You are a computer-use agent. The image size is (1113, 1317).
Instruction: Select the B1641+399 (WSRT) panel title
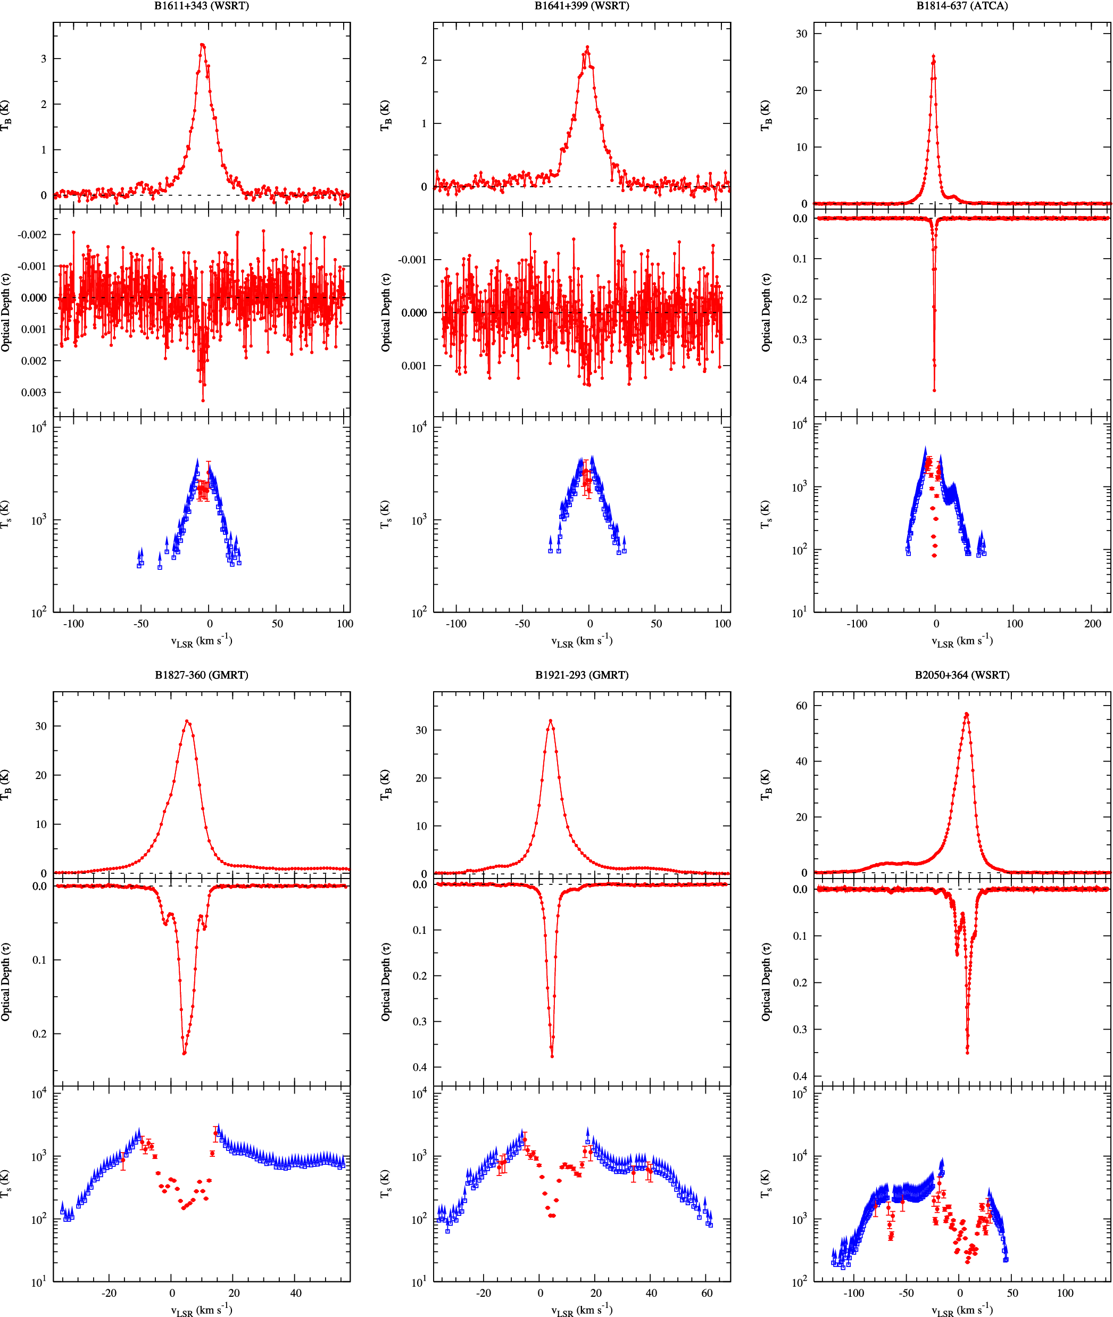click(582, 6)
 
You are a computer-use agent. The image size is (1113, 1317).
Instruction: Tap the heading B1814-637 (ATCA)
click(962, 6)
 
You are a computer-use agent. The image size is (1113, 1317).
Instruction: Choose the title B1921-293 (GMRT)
click(582, 675)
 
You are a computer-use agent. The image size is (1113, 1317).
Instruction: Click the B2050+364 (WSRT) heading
click(962, 675)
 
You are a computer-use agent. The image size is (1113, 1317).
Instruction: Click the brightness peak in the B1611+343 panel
click(202, 45)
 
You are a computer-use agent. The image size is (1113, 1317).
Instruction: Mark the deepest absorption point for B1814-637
click(934, 391)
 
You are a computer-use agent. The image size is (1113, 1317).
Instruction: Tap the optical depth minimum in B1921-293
click(552, 1056)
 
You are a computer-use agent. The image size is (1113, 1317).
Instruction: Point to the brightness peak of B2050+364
click(967, 714)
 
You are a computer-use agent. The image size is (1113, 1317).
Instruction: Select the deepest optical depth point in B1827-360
click(184, 1053)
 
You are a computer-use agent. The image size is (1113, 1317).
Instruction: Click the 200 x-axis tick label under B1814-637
click(1093, 624)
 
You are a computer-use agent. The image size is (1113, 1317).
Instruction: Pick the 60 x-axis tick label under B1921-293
click(707, 1293)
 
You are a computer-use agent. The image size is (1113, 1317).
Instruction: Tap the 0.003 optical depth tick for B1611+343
click(34, 393)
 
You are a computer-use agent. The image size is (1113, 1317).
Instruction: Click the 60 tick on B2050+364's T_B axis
click(801, 706)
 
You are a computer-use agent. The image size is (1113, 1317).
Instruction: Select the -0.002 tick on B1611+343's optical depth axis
click(31, 235)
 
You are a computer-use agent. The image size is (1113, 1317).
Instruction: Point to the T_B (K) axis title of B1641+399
click(385, 115)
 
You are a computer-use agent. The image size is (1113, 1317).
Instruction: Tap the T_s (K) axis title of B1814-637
click(766, 515)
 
